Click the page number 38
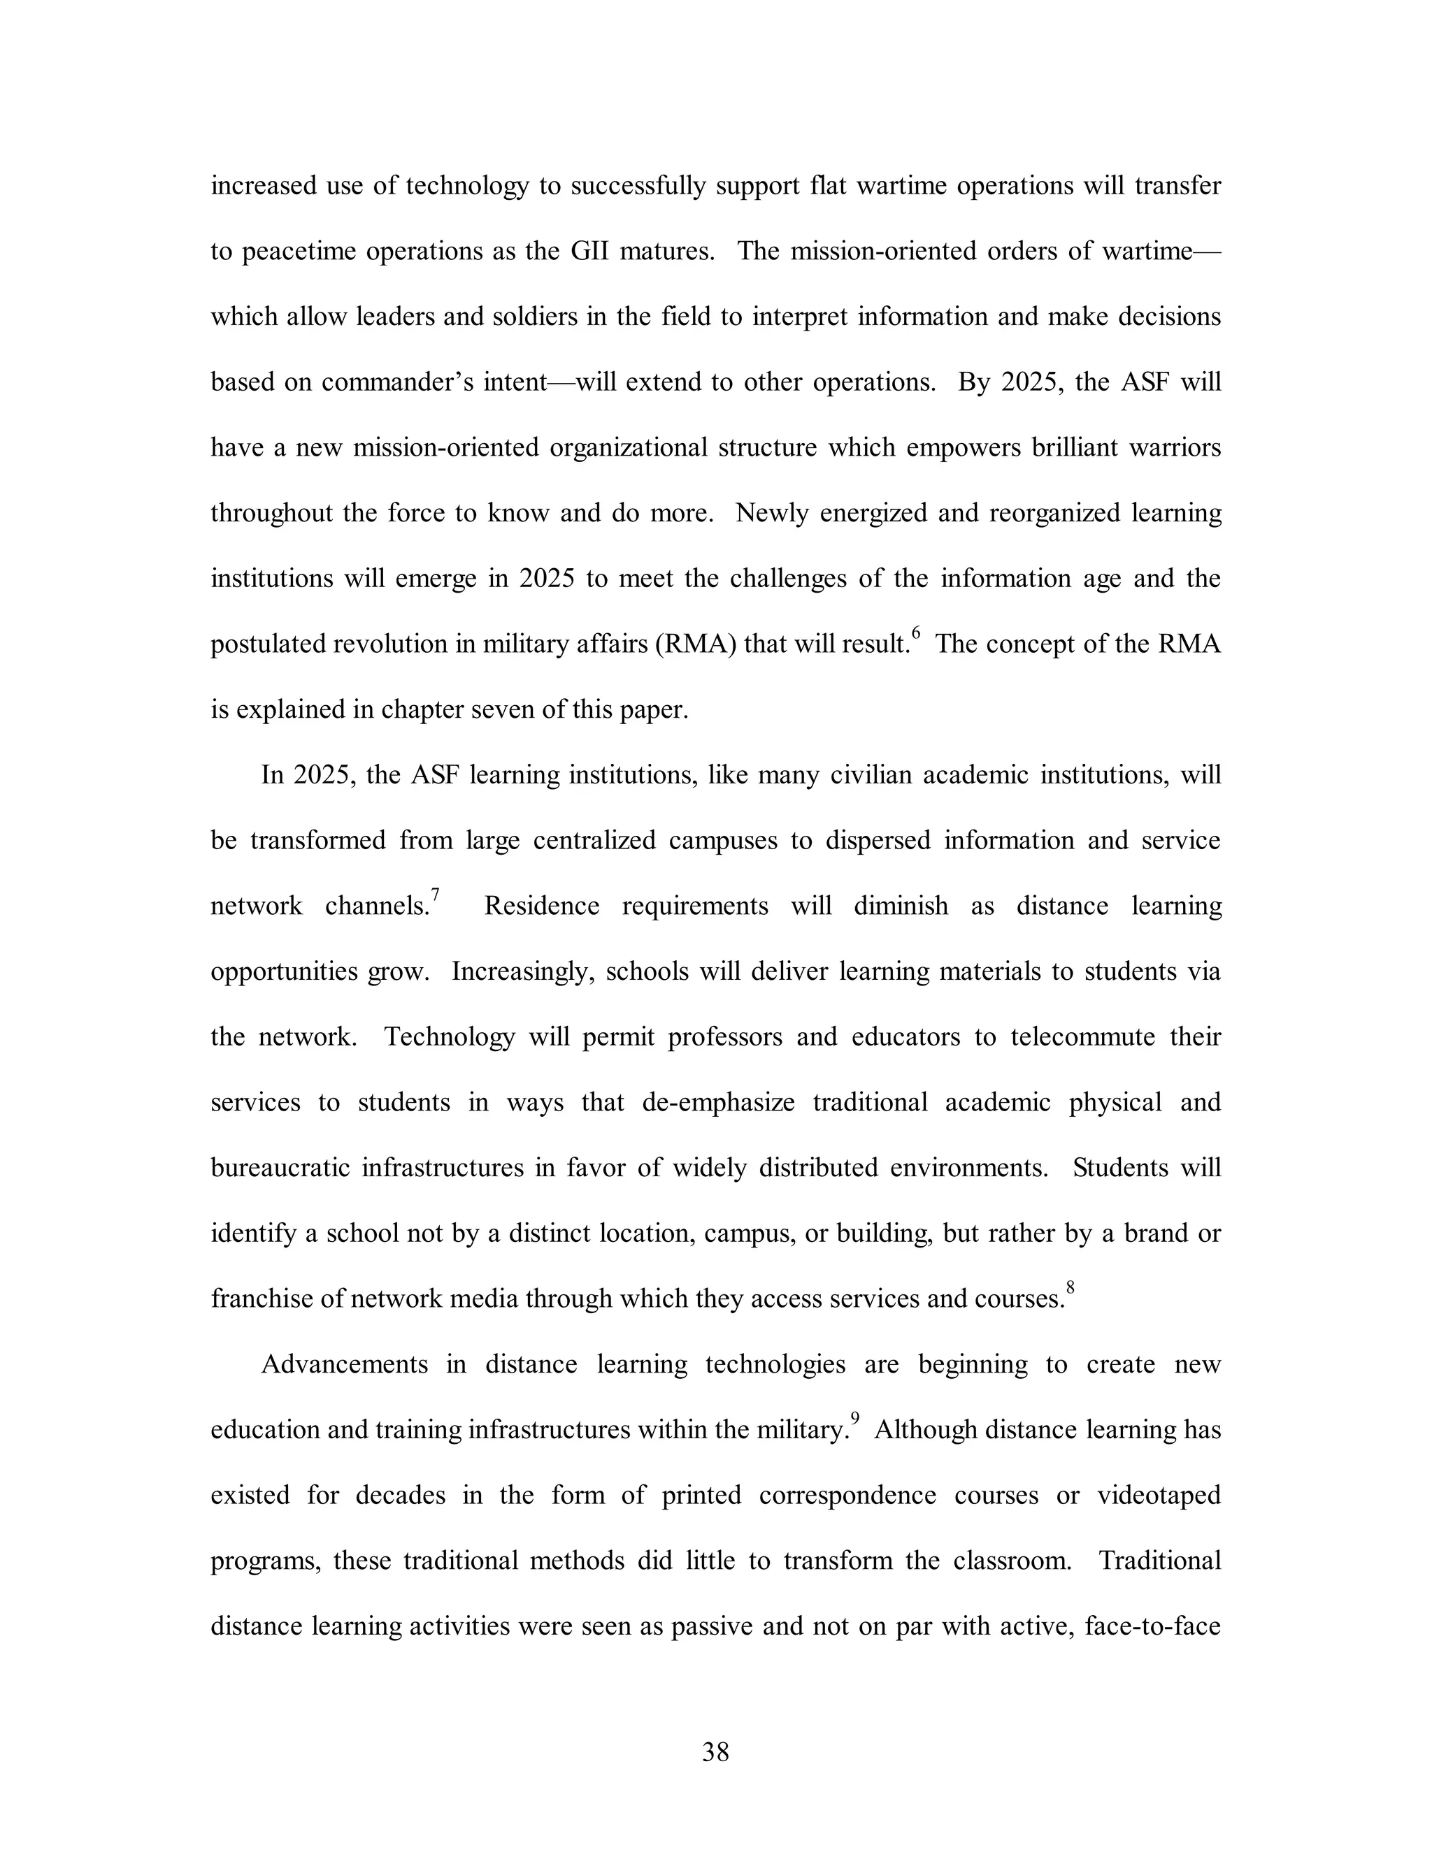coord(715,1752)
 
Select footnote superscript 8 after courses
coord(1070,1287)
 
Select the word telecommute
coord(1082,1037)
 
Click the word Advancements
coord(345,1364)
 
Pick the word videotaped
coord(1159,1495)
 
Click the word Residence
coord(541,906)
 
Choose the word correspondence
coord(847,1495)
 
